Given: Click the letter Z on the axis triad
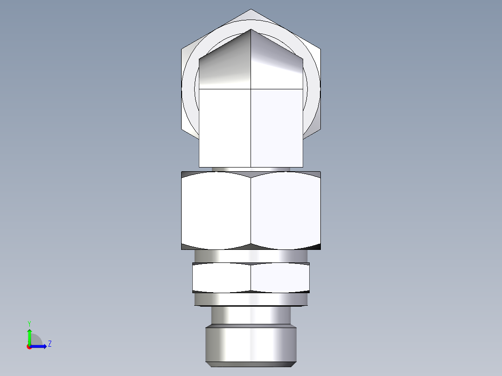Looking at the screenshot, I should [x=49, y=344].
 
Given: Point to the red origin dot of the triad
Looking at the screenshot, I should [x=29, y=347].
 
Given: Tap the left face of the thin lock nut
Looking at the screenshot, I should [x=222, y=278].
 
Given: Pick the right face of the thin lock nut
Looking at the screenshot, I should [x=280, y=278].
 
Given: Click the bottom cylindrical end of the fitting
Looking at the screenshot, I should [x=251, y=345].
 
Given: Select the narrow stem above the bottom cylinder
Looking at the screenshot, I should [x=251, y=315].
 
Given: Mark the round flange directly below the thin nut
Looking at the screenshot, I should [x=251, y=299].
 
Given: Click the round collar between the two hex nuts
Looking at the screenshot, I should [x=251, y=255].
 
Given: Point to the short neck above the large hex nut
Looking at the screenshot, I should [x=251, y=169].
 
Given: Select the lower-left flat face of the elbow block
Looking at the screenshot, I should [x=225, y=128].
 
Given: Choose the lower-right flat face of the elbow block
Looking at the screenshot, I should [x=277, y=128].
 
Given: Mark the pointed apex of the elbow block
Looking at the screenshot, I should [x=251, y=30].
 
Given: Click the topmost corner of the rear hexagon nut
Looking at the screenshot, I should [x=251, y=10].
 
